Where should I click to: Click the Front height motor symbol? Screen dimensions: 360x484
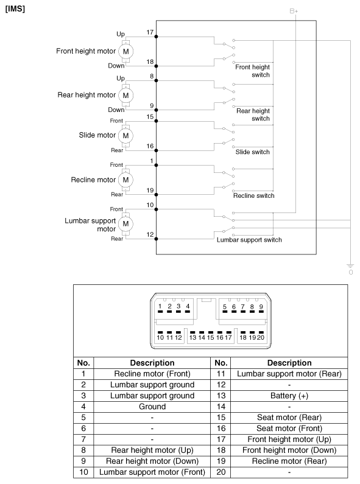[125, 51]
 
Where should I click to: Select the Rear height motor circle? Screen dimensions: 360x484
[125, 96]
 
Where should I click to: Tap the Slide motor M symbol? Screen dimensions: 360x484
[125, 136]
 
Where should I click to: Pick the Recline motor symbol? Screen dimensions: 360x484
[125, 180]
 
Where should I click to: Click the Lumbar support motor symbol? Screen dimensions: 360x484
[125, 224]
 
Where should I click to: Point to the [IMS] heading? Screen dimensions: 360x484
[15, 9]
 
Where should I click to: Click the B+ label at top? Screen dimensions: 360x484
[294, 11]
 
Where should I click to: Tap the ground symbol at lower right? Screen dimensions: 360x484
[350, 267]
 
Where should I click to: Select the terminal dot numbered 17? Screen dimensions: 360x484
[156, 37]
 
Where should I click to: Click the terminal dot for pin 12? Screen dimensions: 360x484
[156, 239]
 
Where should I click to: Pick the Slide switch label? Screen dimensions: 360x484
[253, 152]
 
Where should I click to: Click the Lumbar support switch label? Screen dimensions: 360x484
[249, 240]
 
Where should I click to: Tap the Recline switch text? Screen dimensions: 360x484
[254, 195]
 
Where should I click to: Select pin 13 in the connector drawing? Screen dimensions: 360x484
[192, 335]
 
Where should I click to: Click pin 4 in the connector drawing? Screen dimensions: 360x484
[188, 309]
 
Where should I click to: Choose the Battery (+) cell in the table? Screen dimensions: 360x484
[289, 396]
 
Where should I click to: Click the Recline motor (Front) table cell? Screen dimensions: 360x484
[152, 374]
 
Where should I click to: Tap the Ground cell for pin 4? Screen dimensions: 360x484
[152, 407]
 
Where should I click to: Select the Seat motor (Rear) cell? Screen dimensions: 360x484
[289, 418]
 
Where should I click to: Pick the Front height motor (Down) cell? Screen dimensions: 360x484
[289, 451]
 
